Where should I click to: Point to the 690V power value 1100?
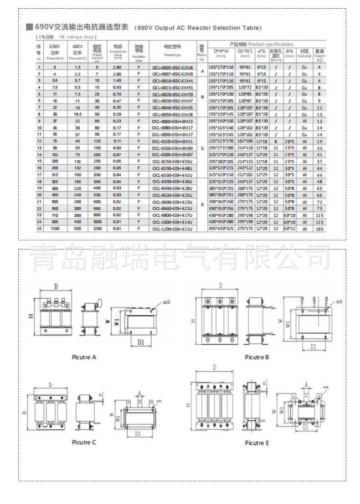pyautogui.click(x=55, y=229)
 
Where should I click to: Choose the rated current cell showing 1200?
pyautogui.click(x=97, y=229)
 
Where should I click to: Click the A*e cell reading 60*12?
pyautogui.click(x=289, y=229)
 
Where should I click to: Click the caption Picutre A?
pyautogui.click(x=84, y=357)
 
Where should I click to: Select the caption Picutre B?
pyautogui.click(x=257, y=357)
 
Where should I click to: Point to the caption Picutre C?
pyautogui.click(x=84, y=442)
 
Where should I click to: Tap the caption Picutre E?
pyautogui.click(x=257, y=443)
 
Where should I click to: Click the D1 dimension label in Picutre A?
pyautogui.click(x=141, y=341)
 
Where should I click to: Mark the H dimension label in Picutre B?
pyautogui.click(x=193, y=321)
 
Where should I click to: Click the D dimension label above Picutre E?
pyautogui.click(x=214, y=367)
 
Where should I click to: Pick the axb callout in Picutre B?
pyautogui.click(x=339, y=301)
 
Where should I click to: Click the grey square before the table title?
pyautogui.click(x=29, y=27)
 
